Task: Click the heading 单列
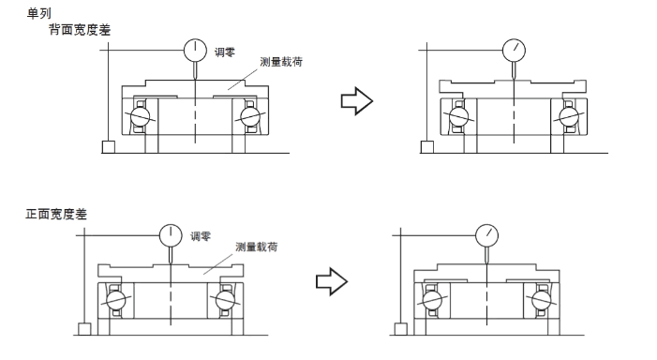pos(39,13)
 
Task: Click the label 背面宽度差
pos(80,30)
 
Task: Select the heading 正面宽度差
pos(56,214)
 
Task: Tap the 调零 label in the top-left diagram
pos(225,52)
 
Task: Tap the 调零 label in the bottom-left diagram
pos(201,236)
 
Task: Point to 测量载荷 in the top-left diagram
pos(281,62)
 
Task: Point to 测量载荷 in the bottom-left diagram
pos(257,247)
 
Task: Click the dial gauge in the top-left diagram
pos(195,51)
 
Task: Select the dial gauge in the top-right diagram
pos(514,50)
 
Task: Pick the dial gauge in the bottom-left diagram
pos(171,235)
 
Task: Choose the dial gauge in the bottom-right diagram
pos(486,235)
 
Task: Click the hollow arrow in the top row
pos(357,101)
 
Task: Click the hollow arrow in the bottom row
pos(332,281)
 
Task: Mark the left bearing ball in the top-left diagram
pos(140,116)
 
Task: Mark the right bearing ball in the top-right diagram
pos(569,116)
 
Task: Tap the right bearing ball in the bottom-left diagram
pos(225,299)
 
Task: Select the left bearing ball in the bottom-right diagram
pos(432,299)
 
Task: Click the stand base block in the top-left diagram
pos(109,147)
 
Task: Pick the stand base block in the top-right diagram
pos(427,147)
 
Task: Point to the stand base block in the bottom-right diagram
pos(400,329)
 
